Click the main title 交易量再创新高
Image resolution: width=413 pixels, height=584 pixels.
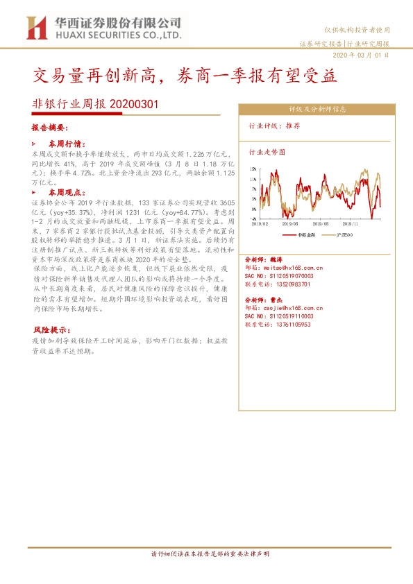105,76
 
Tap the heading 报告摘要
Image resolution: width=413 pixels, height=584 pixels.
49,128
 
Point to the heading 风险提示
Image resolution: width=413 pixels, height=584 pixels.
49,329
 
